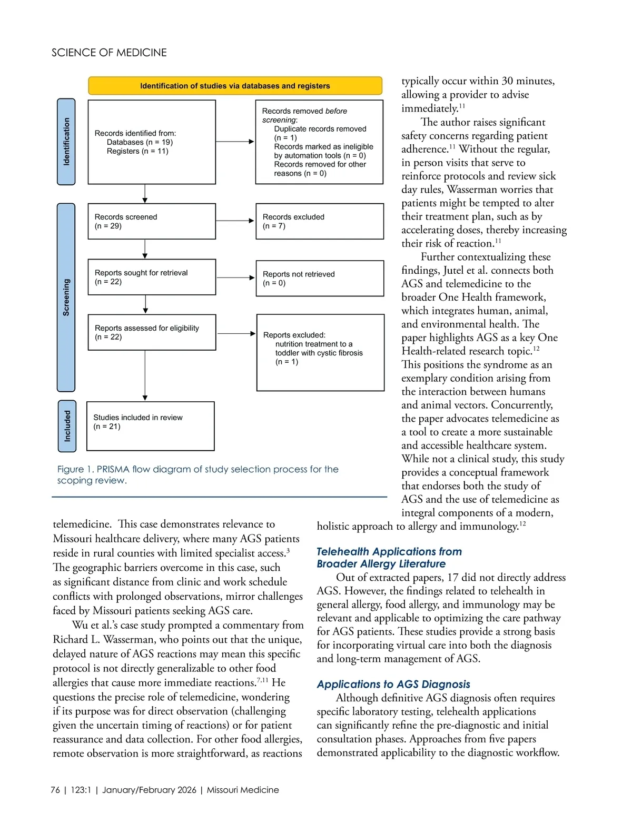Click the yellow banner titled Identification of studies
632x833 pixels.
tap(235, 86)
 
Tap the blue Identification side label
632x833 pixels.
tap(66, 142)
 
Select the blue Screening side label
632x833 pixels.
tap(66, 297)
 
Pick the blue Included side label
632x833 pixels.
tap(67, 426)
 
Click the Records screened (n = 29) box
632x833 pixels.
tap(152, 221)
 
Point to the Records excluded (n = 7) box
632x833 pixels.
tap(319, 221)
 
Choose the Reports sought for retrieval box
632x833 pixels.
tap(152, 277)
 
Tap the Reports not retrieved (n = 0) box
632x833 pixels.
tap(319, 278)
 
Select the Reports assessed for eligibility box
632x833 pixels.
tap(152, 332)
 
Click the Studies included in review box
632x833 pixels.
tap(150, 426)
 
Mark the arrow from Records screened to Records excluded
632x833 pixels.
tap(235, 221)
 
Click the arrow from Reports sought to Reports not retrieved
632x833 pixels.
tap(235, 277)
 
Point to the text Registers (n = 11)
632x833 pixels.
tap(137, 151)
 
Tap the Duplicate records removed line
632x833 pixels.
tap(320, 129)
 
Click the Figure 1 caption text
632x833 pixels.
tap(197, 474)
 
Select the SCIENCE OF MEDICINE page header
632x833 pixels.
tap(109, 53)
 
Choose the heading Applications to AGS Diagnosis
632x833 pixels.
tap(393, 684)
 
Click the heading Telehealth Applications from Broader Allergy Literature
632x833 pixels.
tap(389, 558)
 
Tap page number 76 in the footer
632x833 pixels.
tap(55, 790)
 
